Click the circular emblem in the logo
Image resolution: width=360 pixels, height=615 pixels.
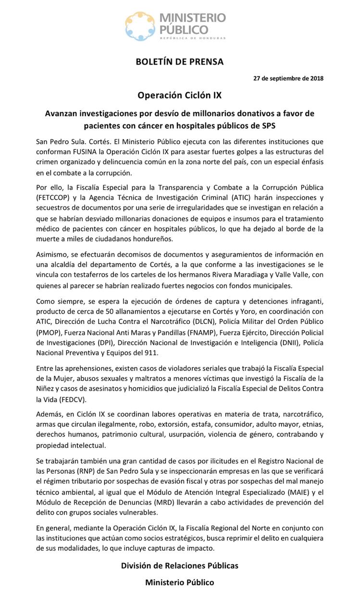coord(141,26)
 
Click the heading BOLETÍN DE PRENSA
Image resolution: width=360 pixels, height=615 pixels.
coord(179,61)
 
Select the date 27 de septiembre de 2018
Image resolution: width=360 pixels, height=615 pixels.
coord(288,78)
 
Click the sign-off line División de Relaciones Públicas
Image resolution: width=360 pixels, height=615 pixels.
coord(179,566)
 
